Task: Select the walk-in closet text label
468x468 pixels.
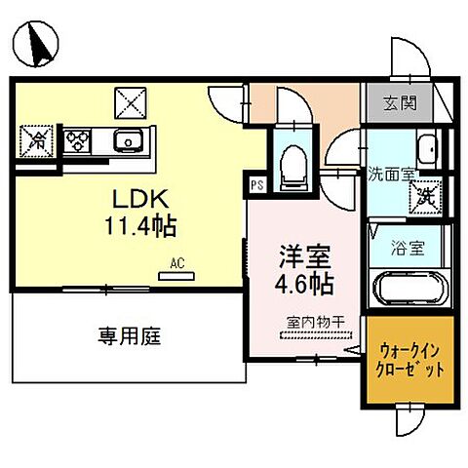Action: [410, 361]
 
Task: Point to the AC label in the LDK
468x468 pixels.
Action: [176, 263]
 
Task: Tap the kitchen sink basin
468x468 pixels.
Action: [128, 142]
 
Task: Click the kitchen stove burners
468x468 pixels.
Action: [77, 141]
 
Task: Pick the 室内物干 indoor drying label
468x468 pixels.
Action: [306, 322]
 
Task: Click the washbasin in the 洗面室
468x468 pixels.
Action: [426, 148]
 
